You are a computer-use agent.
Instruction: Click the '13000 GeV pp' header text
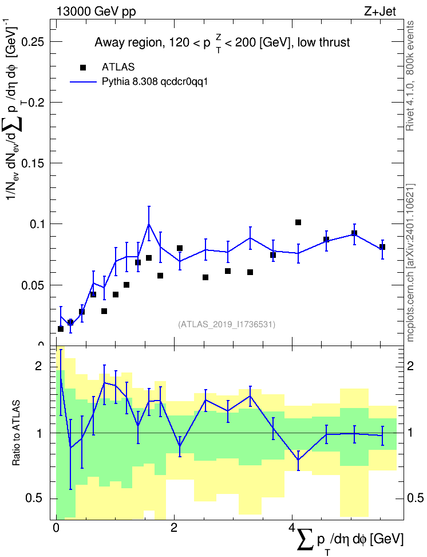pos(96,11)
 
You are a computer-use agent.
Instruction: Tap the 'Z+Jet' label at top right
pos(380,11)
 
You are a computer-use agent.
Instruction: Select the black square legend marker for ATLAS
pos(83,68)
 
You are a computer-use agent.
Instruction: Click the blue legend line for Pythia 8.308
pos(84,82)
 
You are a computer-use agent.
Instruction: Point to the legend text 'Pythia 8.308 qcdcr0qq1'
pos(155,82)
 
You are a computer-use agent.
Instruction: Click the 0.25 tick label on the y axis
pos(33,42)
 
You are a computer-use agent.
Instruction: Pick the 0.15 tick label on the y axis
pos(33,163)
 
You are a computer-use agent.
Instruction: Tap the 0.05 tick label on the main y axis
pos(33,285)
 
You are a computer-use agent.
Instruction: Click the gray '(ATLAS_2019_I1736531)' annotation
pos(227,324)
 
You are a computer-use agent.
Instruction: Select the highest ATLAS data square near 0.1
pos(298,222)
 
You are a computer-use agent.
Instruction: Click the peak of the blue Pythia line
pos(149,224)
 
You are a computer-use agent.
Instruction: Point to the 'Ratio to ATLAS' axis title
pos(16,433)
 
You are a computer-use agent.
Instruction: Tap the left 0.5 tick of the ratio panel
pos(34,499)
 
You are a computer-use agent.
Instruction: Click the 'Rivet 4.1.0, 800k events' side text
pos(410,76)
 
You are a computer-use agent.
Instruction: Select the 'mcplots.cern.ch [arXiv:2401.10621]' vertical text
pos(410,262)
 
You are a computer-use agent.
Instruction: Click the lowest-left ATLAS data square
pos(61,329)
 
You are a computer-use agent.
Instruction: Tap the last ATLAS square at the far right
pos(382,247)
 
